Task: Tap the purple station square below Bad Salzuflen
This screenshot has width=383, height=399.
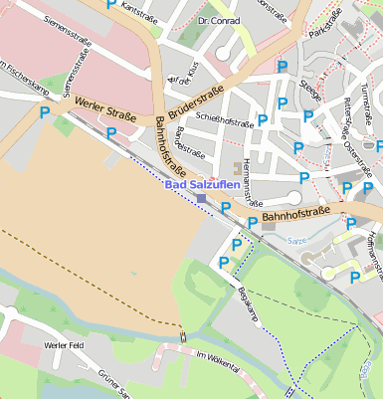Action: [202, 199]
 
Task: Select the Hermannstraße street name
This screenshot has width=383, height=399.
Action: [245, 180]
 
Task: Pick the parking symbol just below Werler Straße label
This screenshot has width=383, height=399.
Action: [111, 132]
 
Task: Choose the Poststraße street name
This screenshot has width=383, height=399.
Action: [189, 153]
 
